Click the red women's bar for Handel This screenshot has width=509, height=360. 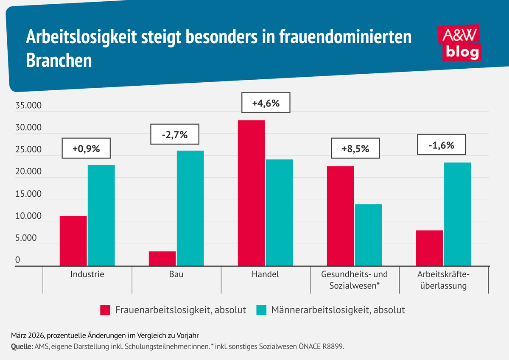(x=251, y=193)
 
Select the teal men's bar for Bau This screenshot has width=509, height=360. (x=190, y=208)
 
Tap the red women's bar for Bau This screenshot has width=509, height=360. (x=162, y=259)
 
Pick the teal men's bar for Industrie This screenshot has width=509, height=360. (x=101, y=215)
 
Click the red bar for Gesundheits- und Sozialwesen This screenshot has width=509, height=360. (x=340, y=216)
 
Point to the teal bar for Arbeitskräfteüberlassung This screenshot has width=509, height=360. (x=457, y=214)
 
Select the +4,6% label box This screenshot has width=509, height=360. (x=266, y=102)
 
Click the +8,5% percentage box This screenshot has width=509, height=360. (x=355, y=148)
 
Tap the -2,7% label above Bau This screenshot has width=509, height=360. (x=174, y=135)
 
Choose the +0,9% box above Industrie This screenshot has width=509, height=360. (x=86, y=148)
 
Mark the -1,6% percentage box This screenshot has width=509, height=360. (x=442, y=145)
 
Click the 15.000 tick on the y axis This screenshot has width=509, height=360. (x=28, y=195)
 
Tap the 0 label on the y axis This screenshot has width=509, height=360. (x=18, y=260)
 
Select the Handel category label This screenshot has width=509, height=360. (x=266, y=274)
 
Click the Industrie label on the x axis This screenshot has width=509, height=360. (x=87, y=274)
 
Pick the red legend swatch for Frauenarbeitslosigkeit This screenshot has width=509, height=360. (x=106, y=310)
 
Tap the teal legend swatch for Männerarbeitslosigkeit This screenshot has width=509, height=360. (x=261, y=310)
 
